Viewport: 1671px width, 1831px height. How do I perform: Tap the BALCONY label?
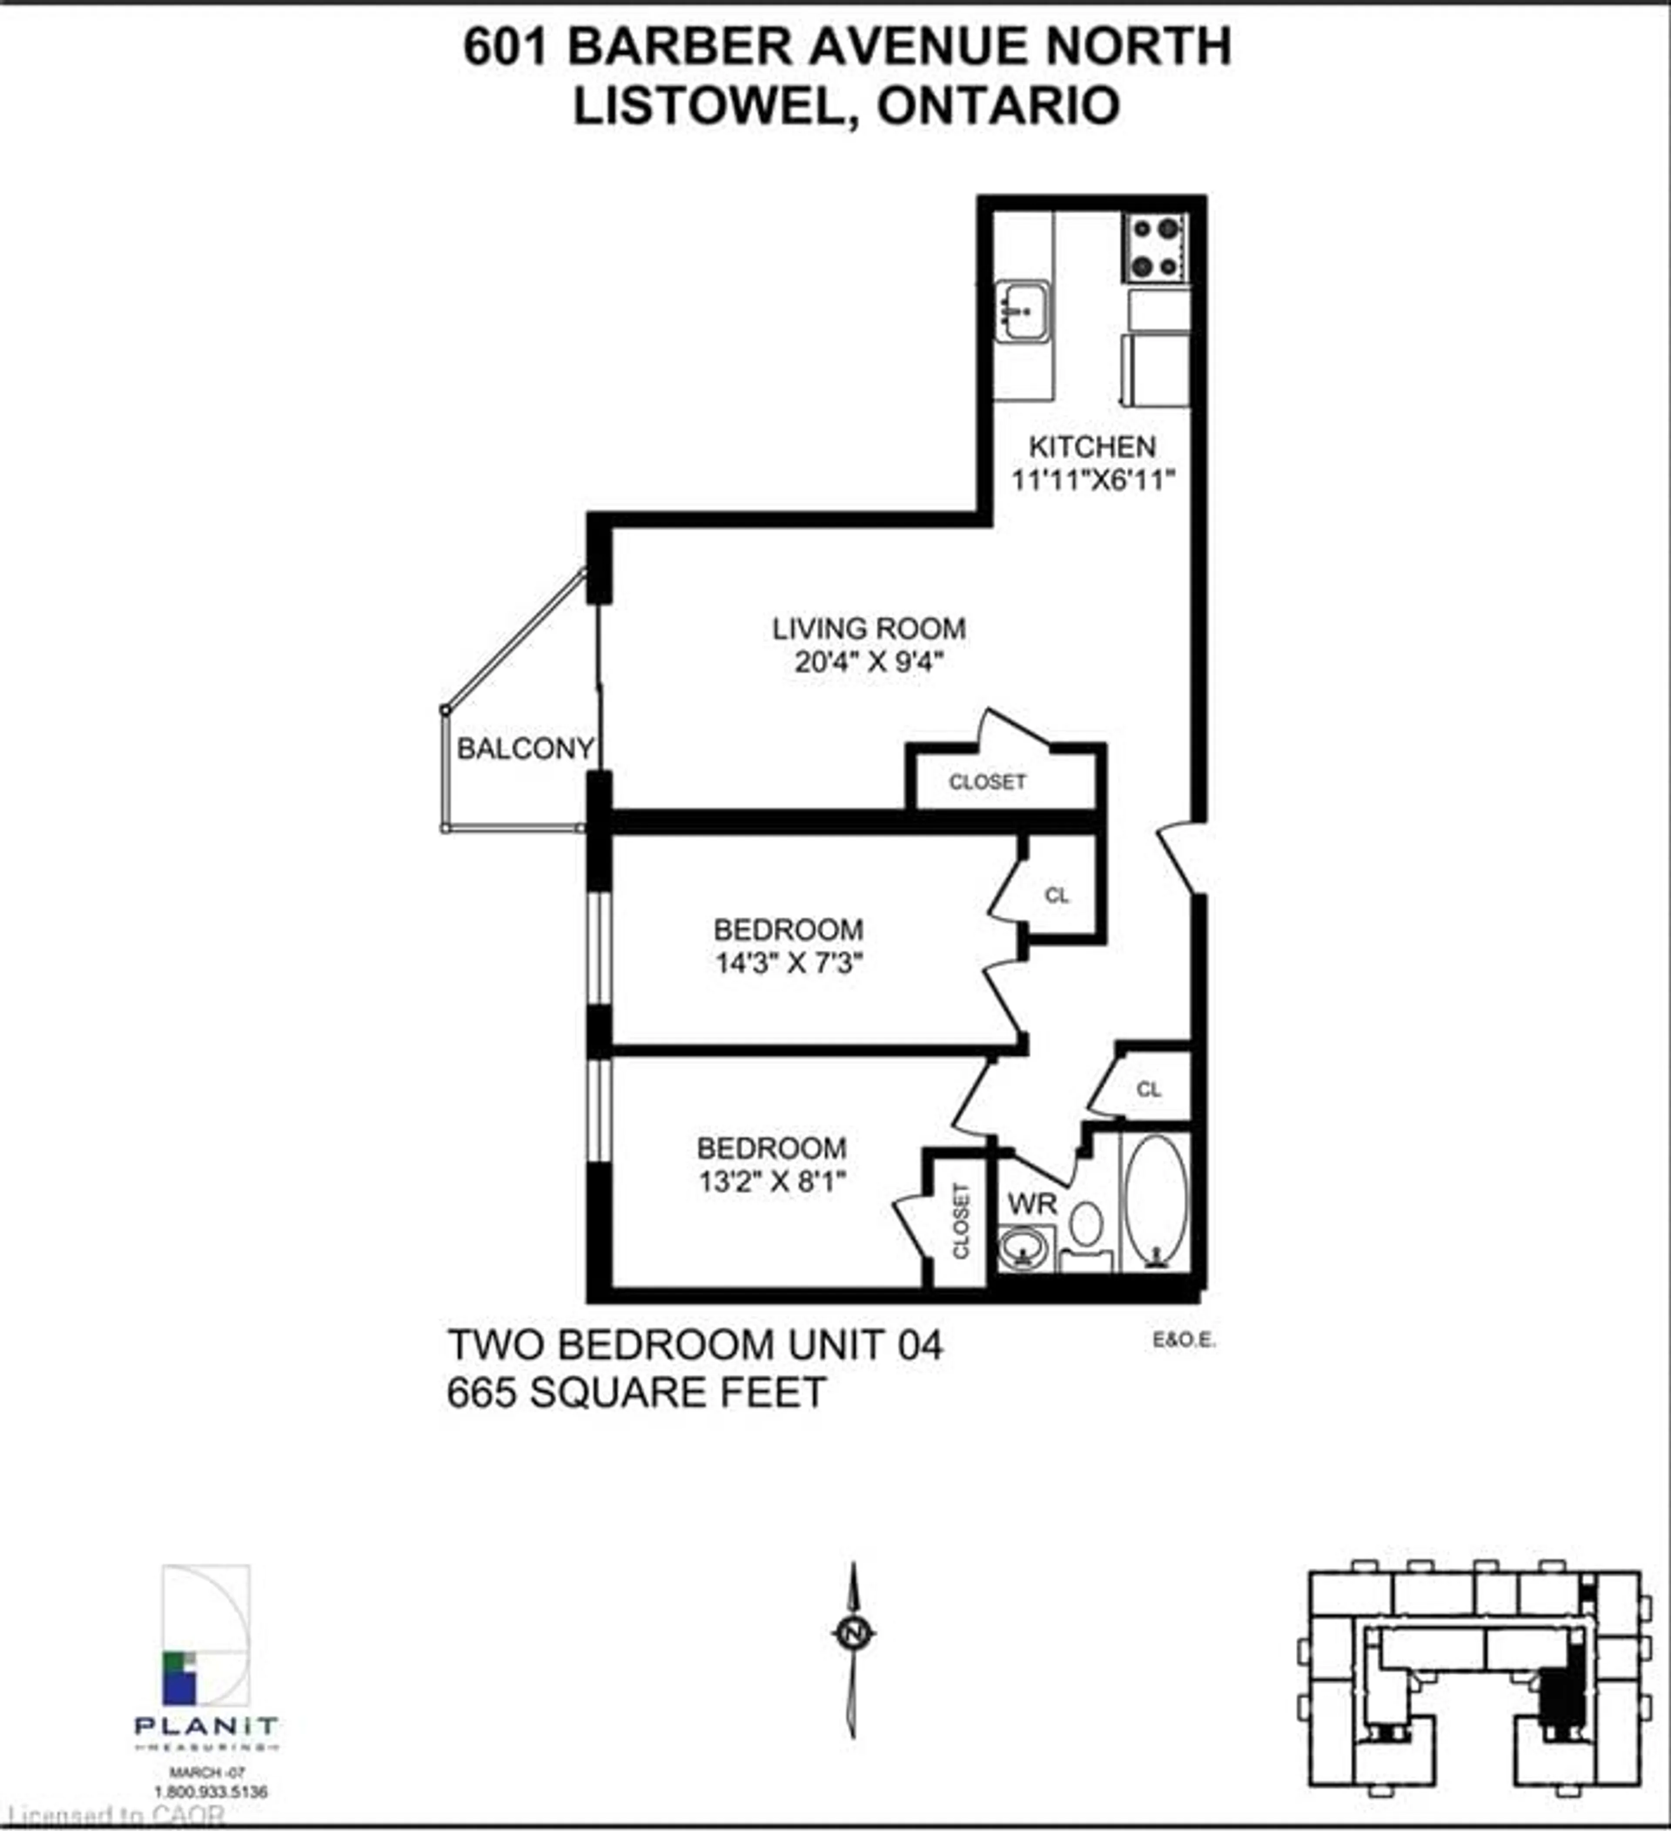[525, 749]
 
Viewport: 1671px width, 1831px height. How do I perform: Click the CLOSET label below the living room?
[987, 782]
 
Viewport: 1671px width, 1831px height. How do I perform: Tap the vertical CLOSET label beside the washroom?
[961, 1221]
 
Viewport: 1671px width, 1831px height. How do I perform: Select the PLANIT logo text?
[206, 1724]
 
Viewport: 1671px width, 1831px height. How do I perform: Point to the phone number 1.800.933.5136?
[211, 1792]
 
